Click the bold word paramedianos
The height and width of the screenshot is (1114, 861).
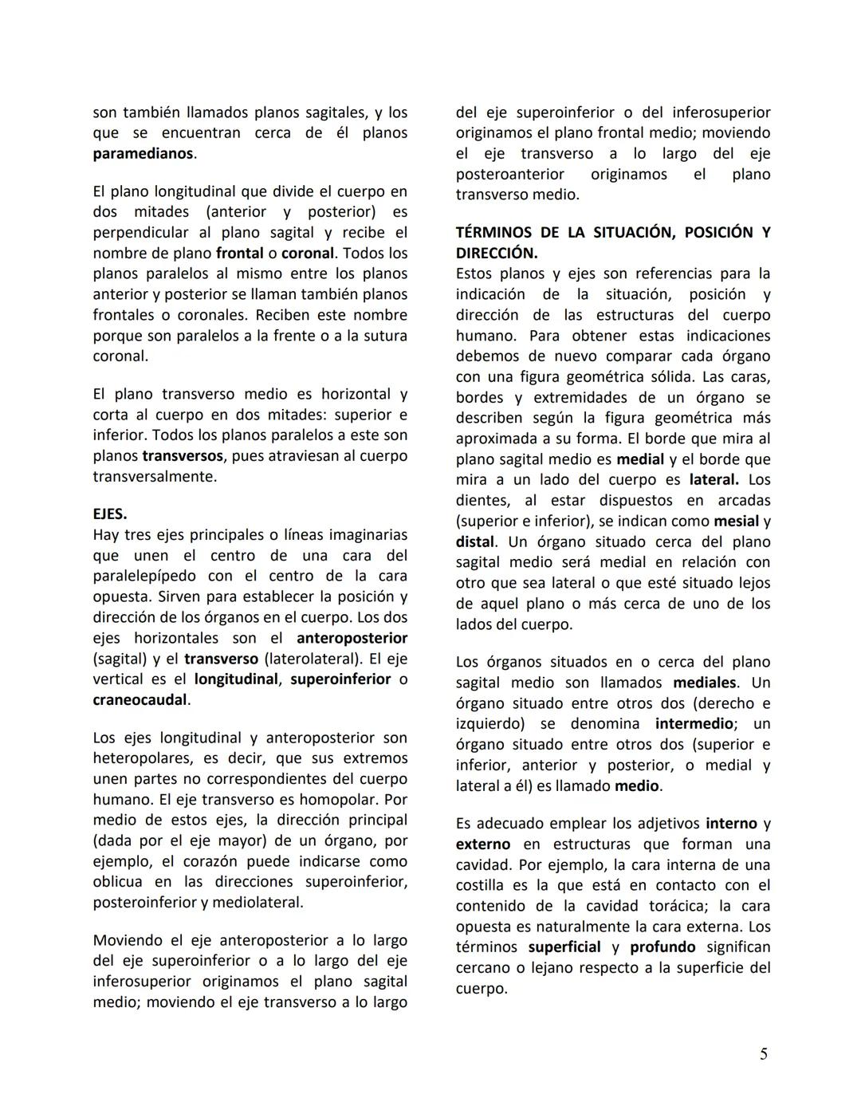[x=143, y=153]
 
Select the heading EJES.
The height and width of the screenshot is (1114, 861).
[x=110, y=514]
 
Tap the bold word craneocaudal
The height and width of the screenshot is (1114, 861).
[x=140, y=700]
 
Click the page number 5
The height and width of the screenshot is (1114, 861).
[x=763, y=1054]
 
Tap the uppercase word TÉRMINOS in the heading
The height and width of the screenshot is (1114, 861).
[x=493, y=232]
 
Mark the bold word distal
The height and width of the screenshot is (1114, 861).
[x=475, y=541]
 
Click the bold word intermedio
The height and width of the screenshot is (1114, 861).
[x=694, y=724]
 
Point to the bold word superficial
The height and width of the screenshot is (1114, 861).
[x=564, y=947]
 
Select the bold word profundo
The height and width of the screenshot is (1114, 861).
[x=662, y=947]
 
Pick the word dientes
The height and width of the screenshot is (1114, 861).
[x=482, y=500]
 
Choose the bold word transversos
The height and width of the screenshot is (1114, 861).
[x=183, y=456]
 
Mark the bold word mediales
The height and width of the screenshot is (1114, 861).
[x=704, y=683]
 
